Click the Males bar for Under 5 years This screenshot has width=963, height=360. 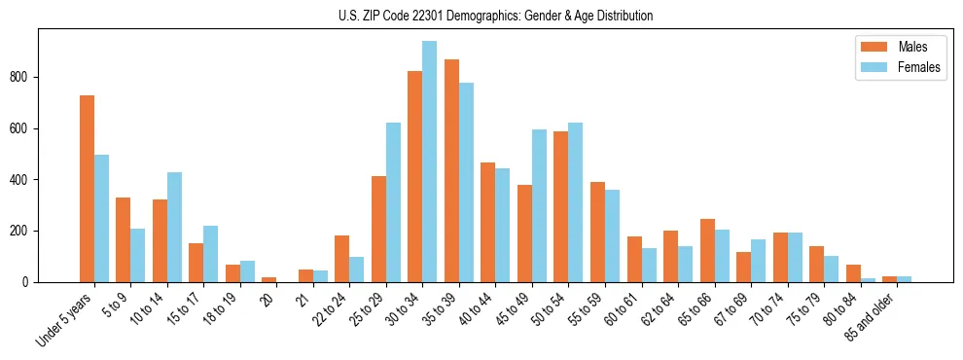coord(87,189)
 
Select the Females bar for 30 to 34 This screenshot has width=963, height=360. coord(429,162)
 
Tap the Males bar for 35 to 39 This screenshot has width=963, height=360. coord(451,171)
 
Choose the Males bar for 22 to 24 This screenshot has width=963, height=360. coord(341,259)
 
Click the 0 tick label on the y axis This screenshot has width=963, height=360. coord(31,282)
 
